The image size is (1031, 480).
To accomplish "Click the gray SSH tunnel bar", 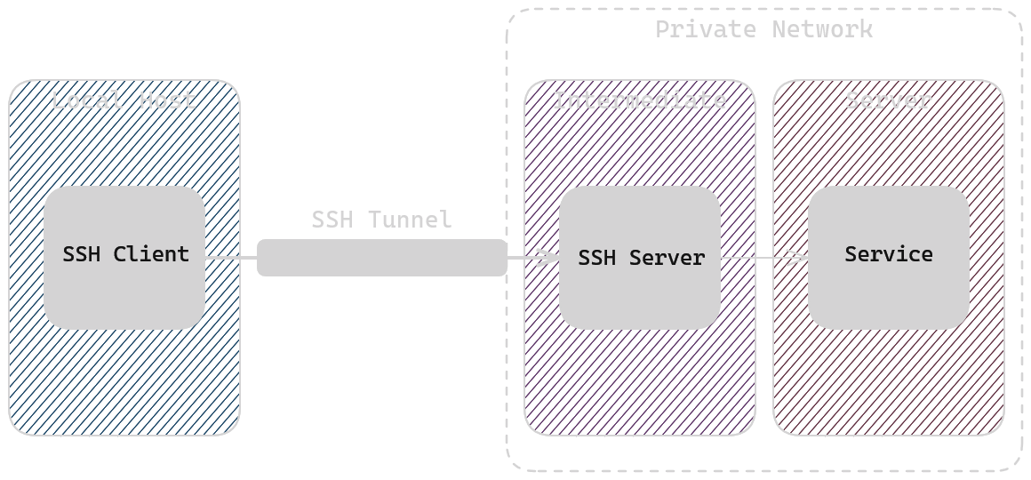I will coord(382,258).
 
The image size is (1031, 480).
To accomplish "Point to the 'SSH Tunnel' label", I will coord(381,219).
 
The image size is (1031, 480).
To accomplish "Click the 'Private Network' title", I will coord(763,29).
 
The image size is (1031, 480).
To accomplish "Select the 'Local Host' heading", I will coord(124,100).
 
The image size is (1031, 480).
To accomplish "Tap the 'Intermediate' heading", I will coord(639,100).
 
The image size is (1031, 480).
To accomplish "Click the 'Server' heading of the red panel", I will coord(888,100).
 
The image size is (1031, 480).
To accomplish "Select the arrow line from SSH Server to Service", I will coord(755,258).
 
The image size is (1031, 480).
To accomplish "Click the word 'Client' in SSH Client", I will coord(151,254).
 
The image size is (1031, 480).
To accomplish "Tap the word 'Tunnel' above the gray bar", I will coord(410,219).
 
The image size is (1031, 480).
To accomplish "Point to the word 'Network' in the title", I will coord(822,29).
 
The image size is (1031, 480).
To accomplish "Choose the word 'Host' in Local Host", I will coord(167,100).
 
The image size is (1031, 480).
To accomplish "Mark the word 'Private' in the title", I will coord(706,29).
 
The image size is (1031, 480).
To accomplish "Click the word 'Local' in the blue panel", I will coord(87,100).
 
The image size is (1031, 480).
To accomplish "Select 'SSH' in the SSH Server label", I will coord(596,258).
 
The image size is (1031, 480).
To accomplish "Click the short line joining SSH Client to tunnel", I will coord(231,258).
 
